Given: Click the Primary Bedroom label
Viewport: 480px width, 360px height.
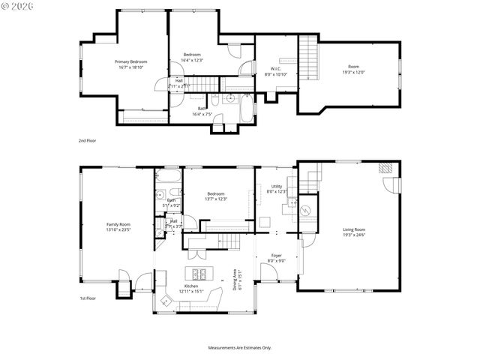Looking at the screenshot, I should click(x=130, y=61).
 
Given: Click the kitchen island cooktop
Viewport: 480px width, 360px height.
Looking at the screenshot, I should click(x=201, y=273).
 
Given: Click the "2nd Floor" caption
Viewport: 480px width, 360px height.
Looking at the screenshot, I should click(x=88, y=140).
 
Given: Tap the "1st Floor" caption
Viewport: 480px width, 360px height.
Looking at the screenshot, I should click(x=88, y=298).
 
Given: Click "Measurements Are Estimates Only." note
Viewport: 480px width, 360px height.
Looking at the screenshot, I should click(x=240, y=348).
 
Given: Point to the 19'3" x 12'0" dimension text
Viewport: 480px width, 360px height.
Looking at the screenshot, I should click(x=354, y=72).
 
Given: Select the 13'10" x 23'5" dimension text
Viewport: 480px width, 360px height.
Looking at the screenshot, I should click(x=118, y=230).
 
